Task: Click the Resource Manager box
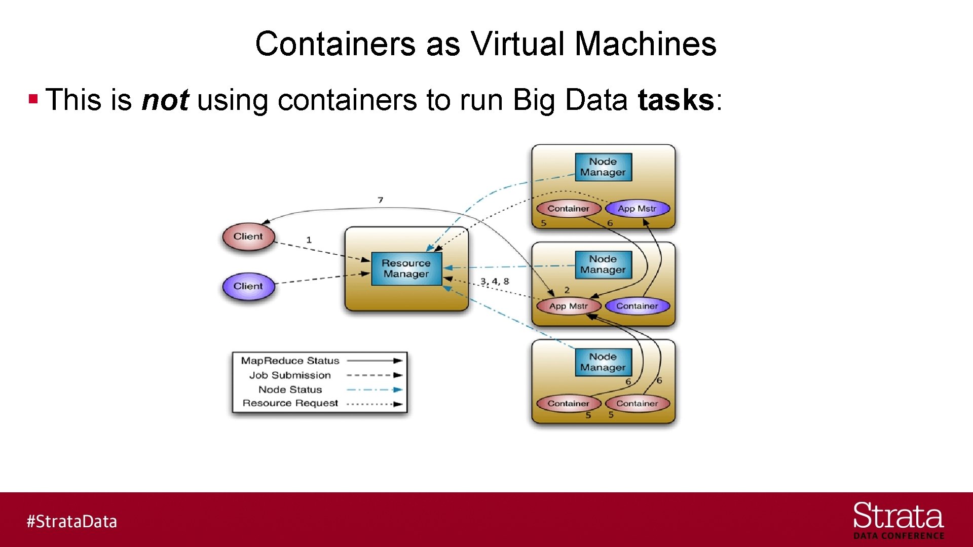(406, 268)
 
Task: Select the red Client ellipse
(248, 237)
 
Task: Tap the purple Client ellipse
(248, 286)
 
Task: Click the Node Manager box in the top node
(603, 167)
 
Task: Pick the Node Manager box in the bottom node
(603, 362)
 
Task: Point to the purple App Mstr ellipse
(637, 208)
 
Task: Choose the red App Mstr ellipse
(568, 306)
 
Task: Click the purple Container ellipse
(637, 306)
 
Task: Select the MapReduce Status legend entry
(290, 361)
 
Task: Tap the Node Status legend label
(290, 389)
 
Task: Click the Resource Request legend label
(290, 403)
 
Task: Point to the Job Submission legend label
(290, 375)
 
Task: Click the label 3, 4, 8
(495, 281)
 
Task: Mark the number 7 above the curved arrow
(380, 200)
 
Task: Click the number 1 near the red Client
(309, 240)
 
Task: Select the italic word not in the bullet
(165, 100)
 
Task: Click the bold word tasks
(676, 100)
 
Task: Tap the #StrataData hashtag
(71, 521)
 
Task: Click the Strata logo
(898, 520)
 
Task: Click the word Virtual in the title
(518, 44)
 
